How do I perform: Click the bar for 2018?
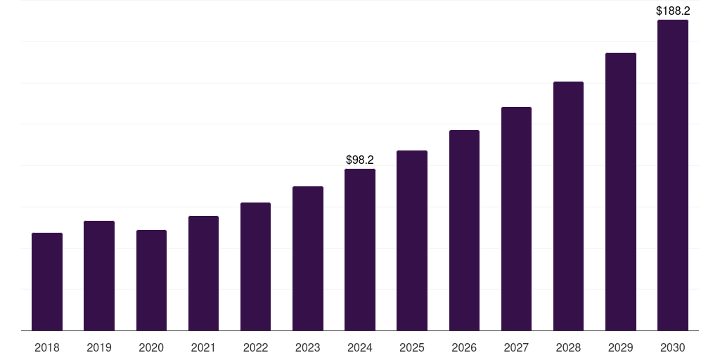pos(47,281)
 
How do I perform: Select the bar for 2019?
pos(99,276)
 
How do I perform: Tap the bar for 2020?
pos(151,280)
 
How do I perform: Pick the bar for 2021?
pos(203,273)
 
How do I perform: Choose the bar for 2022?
pos(255,266)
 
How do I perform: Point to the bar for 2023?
pos(308,258)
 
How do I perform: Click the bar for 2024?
pos(360,250)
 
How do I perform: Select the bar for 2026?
pos(464,230)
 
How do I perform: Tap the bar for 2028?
pos(568,206)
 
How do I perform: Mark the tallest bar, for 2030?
pos(673,175)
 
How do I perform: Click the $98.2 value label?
pos(360,160)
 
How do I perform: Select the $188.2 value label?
pos(673,11)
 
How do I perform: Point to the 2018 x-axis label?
pos(47,347)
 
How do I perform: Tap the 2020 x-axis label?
pos(151,347)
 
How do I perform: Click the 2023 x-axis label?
pos(308,347)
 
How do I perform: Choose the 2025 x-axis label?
pos(412,347)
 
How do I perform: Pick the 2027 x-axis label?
pos(516,347)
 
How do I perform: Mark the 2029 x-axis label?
pos(621,347)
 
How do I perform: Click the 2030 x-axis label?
pos(673,347)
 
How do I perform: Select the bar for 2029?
pos(621,191)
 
